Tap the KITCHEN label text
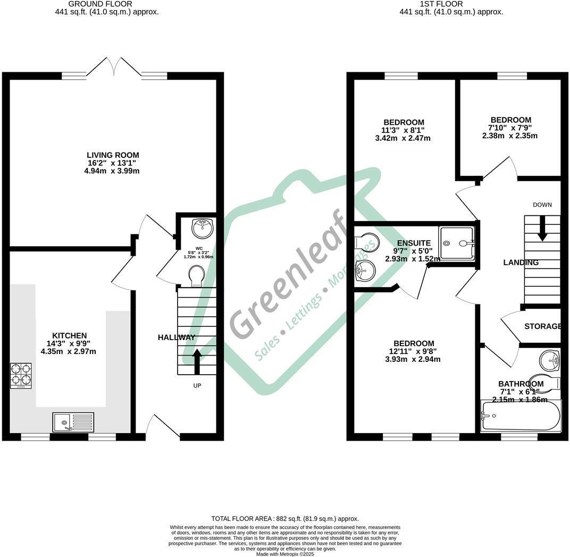[x=66, y=335]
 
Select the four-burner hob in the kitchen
[x=21, y=375]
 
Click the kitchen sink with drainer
[x=73, y=422]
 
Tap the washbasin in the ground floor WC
[x=203, y=227]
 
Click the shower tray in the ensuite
[x=456, y=243]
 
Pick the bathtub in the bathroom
[x=521, y=416]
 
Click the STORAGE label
[x=543, y=326]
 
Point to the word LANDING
[x=521, y=263]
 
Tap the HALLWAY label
[x=177, y=337]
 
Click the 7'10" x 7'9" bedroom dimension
[x=510, y=128]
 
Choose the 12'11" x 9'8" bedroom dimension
[x=414, y=351]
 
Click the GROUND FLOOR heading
[x=107, y=4]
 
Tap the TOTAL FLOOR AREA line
[x=285, y=519]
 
